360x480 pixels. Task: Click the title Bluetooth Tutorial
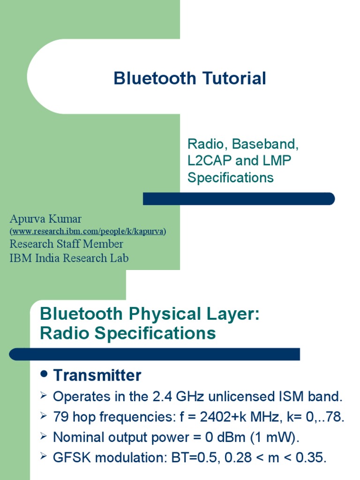click(189, 78)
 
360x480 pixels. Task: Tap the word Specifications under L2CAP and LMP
click(230, 178)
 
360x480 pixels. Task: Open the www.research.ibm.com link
click(88, 232)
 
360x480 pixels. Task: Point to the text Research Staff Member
click(66, 244)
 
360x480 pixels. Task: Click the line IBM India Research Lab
click(69, 258)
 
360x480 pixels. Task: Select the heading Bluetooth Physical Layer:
click(150, 314)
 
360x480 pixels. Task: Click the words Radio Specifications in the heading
click(127, 333)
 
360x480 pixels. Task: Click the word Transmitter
click(97, 375)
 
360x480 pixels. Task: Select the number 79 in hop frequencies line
click(60, 417)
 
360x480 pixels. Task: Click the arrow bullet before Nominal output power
click(44, 437)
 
